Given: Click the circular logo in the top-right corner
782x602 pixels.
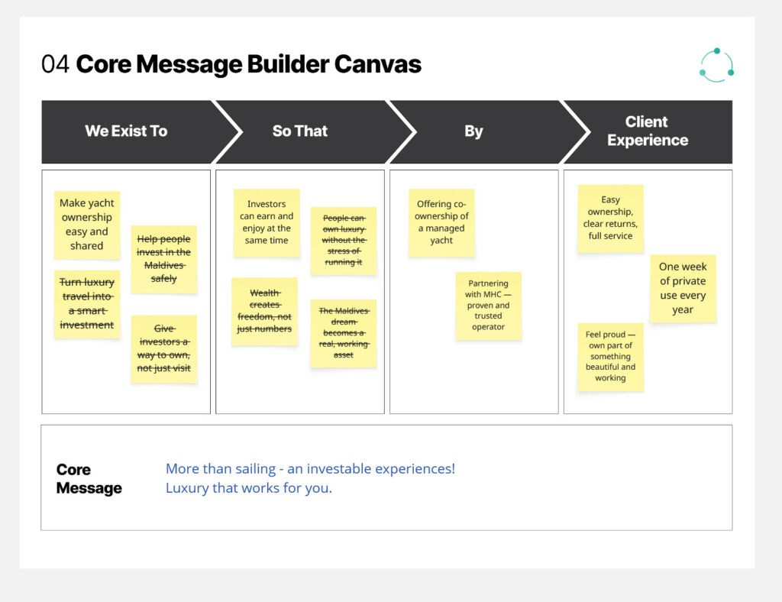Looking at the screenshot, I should (x=716, y=65).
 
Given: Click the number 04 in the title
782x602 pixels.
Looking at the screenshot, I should (x=55, y=64).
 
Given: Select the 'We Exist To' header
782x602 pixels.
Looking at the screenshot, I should (x=126, y=131).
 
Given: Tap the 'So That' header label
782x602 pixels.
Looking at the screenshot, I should (x=299, y=131).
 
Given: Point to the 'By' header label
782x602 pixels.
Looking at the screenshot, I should (x=473, y=131).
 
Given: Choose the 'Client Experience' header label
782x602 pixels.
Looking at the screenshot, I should (x=648, y=131).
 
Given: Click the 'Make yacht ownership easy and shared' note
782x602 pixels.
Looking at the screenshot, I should (x=87, y=225).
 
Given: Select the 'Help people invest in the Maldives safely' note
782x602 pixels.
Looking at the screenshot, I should (x=163, y=259).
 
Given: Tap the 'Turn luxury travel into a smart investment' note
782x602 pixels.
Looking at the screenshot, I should (x=87, y=303).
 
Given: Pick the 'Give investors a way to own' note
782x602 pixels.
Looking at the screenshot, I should (x=163, y=349).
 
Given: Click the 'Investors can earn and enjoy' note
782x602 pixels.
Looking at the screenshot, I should (x=267, y=222).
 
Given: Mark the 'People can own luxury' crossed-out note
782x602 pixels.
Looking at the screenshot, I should (x=343, y=241).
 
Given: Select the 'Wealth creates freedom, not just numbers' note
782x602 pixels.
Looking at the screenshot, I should (x=264, y=311).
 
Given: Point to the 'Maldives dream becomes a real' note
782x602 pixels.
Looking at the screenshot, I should (x=343, y=333).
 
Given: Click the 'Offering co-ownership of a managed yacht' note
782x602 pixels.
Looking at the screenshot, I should (x=441, y=222).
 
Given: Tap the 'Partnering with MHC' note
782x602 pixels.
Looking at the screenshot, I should (x=488, y=306).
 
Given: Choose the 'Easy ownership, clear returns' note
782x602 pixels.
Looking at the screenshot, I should (x=610, y=218).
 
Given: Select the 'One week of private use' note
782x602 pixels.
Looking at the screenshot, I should (x=683, y=288).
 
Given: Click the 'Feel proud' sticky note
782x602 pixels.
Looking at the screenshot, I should (x=610, y=357).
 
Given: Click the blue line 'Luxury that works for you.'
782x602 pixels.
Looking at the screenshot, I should (x=249, y=487).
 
